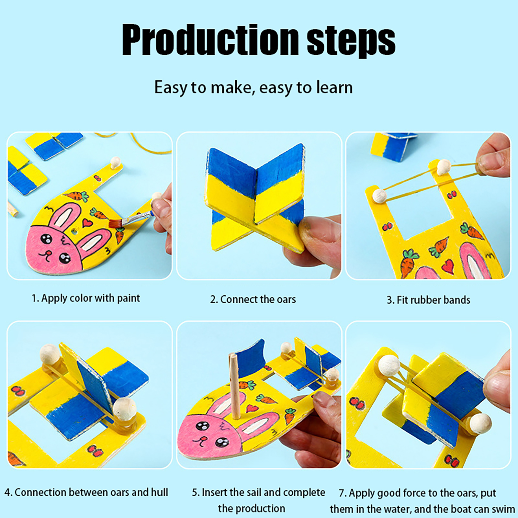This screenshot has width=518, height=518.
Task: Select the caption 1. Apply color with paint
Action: (86, 298)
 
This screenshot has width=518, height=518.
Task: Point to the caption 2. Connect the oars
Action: (253, 299)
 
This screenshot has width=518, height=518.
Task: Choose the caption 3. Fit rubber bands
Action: (428, 300)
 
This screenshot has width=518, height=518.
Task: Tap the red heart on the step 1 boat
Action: (87, 222)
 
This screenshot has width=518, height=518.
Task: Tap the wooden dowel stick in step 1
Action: (12, 209)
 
